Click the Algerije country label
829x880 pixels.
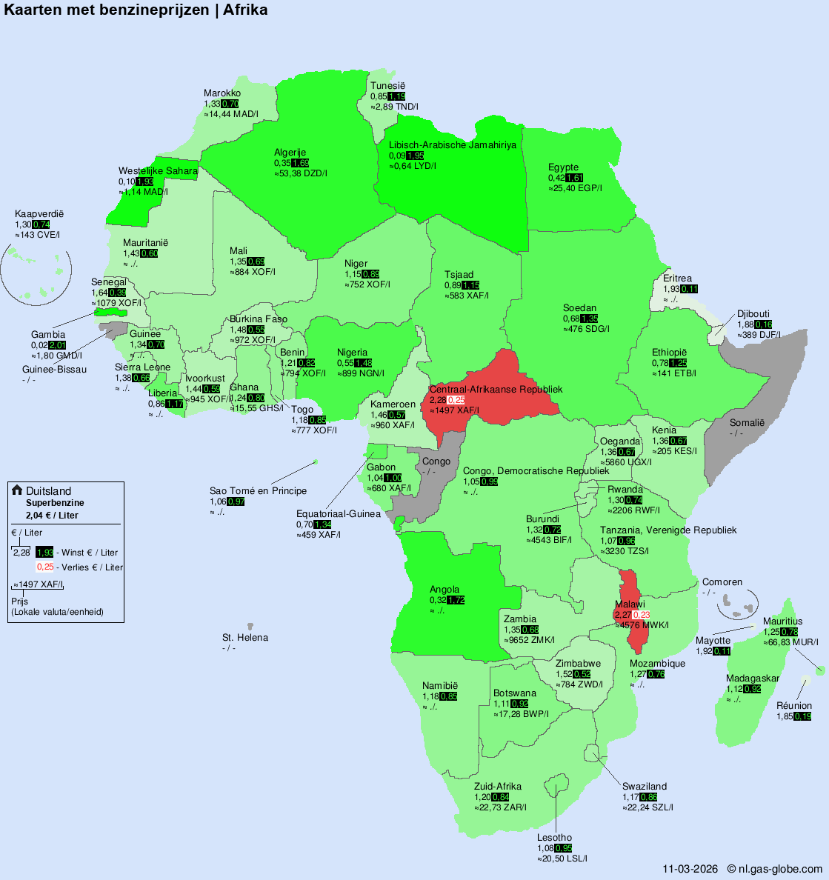tap(290, 153)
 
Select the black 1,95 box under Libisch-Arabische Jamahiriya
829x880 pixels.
tap(415, 156)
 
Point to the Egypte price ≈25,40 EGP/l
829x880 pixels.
tap(575, 188)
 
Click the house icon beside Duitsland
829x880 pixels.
tap(17, 490)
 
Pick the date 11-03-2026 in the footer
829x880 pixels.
tap(690, 869)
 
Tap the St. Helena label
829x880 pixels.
tap(245, 638)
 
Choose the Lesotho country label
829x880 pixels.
tap(554, 838)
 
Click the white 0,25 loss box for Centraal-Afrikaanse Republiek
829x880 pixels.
tap(456, 400)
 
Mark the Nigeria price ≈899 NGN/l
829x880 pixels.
tap(361, 373)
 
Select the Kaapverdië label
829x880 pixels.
tap(39, 214)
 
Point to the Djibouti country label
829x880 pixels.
tap(753, 314)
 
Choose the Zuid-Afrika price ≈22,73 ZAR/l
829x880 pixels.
tap(500, 807)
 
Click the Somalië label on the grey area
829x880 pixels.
tap(747, 423)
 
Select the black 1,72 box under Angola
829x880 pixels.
tap(456, 600)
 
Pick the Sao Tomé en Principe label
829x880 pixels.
tap(258, 491)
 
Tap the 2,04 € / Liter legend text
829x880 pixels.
tap(52, 515)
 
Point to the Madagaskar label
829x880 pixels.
tap(753, 679)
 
